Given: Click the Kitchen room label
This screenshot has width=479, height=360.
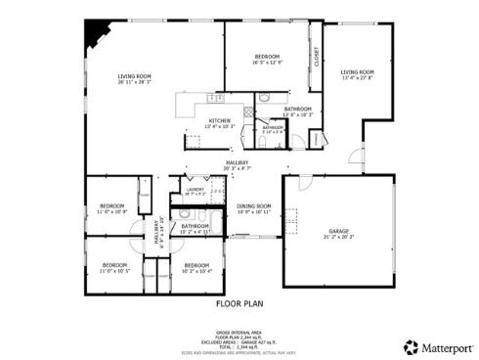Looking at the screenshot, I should tap(218, 120).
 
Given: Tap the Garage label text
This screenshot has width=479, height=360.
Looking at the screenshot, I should tap(338, 231).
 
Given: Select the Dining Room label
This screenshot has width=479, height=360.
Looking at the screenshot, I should tap(253, 206).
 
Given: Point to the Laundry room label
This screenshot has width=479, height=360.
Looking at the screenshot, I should tap(194, 190).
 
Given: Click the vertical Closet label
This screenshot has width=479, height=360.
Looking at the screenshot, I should tap(317, 58).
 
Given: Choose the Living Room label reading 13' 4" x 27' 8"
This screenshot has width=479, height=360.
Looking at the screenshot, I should tap(357, 71).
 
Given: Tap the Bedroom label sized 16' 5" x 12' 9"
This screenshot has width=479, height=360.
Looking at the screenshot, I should tap(268, 56).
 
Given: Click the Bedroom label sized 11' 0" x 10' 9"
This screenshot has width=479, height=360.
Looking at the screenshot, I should tap(112, 205).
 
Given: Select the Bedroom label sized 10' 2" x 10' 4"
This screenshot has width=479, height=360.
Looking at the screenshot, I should tap(197, 265).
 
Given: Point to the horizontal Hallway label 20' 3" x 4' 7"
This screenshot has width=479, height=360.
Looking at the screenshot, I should tap(238, 162).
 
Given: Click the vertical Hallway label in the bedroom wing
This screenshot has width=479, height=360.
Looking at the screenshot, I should tap(156, 234).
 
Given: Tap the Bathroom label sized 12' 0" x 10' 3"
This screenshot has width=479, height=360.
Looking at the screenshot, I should tap(298, 109).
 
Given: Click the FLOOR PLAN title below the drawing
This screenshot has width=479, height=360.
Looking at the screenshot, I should tap(239, 303).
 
